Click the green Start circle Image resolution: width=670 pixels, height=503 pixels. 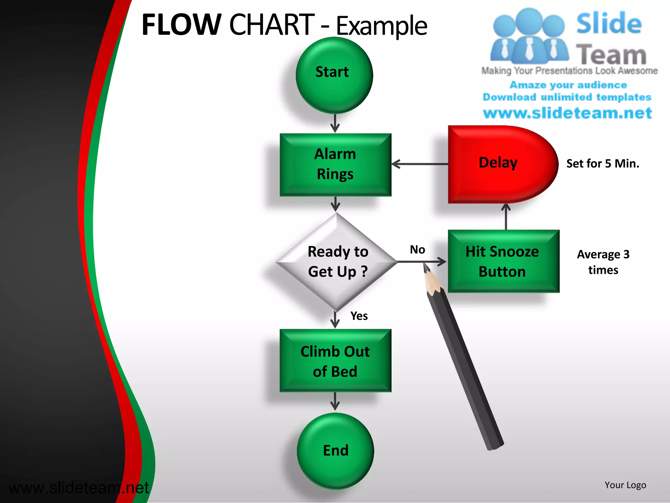(334, 75)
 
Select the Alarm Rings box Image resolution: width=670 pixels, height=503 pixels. (335, 165)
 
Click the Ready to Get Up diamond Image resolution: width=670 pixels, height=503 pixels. (337, 262)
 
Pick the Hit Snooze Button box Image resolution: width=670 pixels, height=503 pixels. (503, 261)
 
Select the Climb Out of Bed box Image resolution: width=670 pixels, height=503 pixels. (335, 361)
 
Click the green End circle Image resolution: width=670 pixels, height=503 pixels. (335, 451)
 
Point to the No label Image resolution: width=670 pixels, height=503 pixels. (417, 250)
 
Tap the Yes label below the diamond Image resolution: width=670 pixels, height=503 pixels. (359, 316)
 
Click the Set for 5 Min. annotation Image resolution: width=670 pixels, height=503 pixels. (603, 163)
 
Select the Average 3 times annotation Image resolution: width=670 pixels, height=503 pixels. (603, 262)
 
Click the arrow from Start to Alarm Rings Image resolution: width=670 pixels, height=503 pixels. (335, 123)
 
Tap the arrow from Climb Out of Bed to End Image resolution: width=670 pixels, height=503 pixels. (335, 401)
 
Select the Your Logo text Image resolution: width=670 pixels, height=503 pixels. (625, 485)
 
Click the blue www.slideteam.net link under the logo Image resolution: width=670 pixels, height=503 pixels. (568, 113)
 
